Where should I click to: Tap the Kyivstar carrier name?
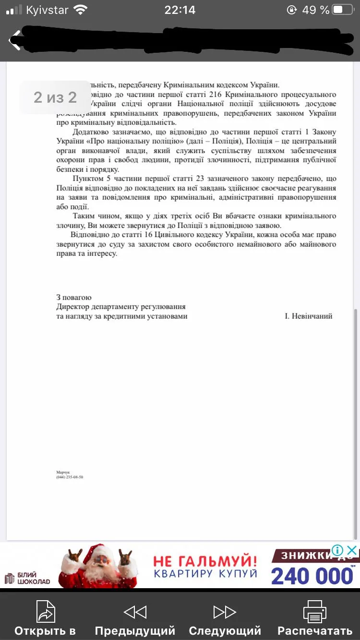pos(47,10)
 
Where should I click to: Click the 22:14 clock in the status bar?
pos(180,10)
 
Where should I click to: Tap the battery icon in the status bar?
pos(343,10)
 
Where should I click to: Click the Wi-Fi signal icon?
pos(81,10)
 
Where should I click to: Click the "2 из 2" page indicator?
pos(55,97)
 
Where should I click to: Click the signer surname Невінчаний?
pos(308,316)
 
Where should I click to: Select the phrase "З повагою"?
pos(74,297)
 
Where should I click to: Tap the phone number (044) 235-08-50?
pos(70,477)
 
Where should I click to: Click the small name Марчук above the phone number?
pos(63,472)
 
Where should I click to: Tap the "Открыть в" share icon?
pos(45,611)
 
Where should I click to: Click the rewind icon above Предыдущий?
pos(135,612)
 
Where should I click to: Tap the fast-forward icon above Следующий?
pos(225,612)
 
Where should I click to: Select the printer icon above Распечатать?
pos(315,611)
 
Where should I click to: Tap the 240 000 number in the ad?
pos(312,576)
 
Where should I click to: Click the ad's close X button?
pos(352,550)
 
